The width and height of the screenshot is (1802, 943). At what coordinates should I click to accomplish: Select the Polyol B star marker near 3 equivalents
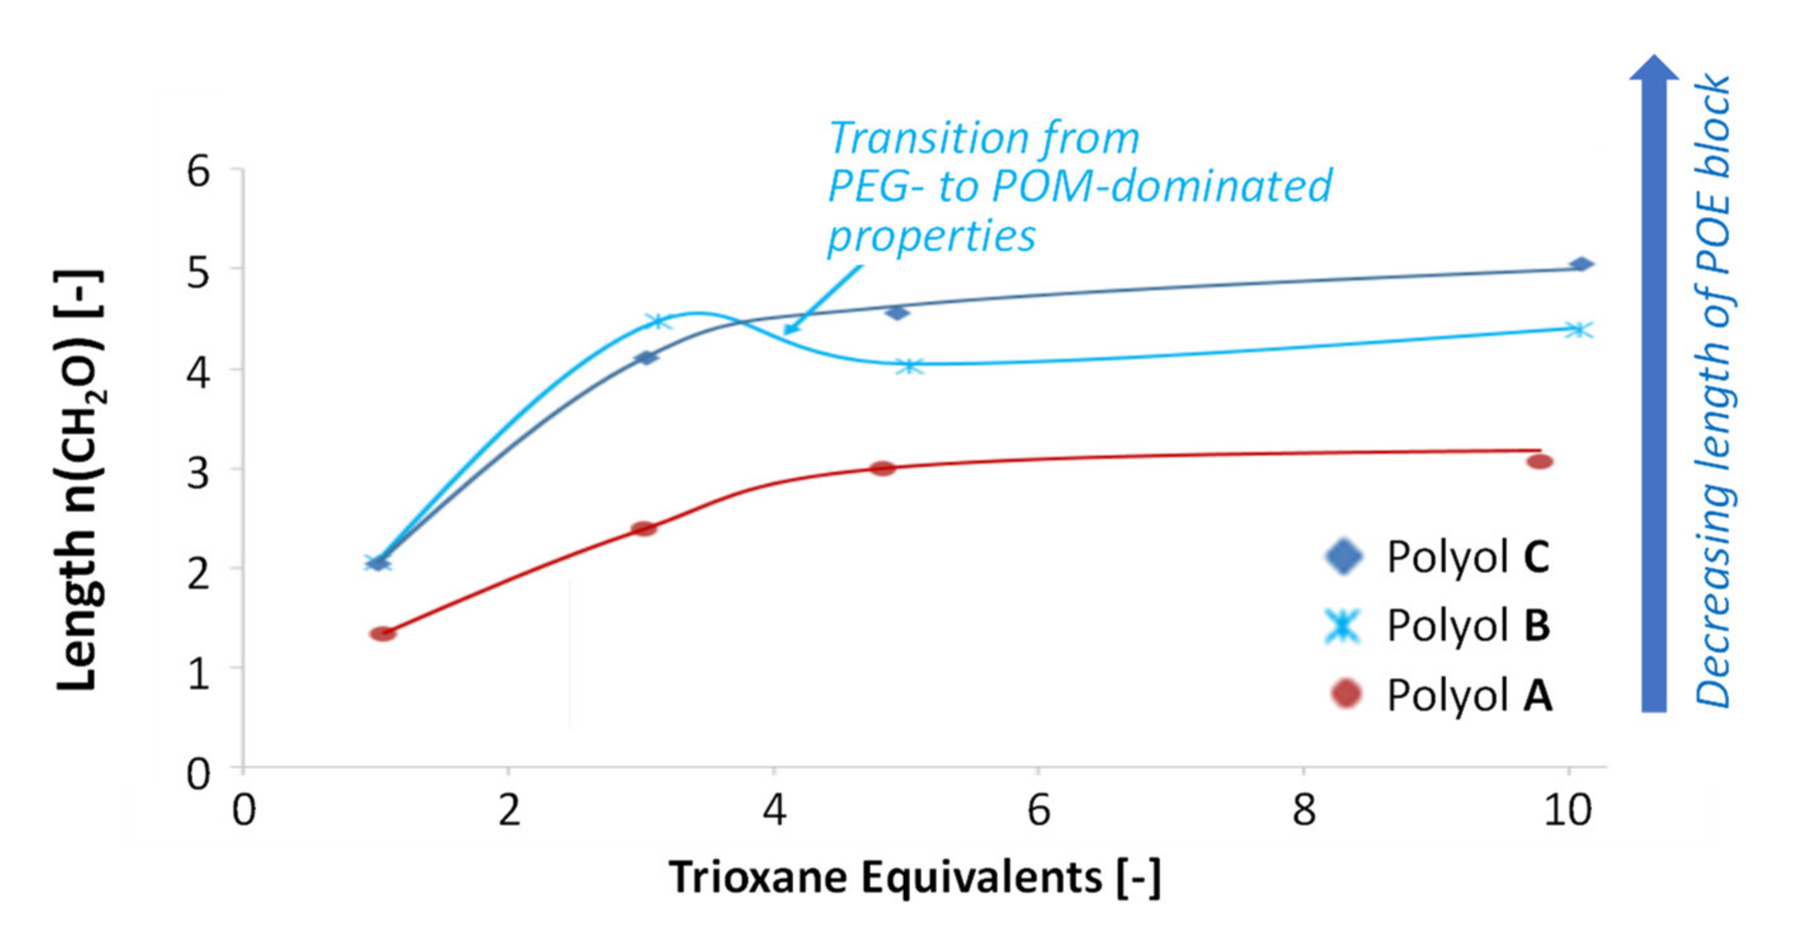point(658,322)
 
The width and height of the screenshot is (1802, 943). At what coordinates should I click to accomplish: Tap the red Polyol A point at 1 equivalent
point(383,634)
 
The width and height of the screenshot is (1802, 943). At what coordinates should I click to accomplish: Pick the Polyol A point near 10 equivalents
point(1540,462)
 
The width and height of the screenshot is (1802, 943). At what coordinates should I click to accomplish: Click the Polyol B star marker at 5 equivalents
point(909,365)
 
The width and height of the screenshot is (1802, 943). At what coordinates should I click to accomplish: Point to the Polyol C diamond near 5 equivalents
point(897,312)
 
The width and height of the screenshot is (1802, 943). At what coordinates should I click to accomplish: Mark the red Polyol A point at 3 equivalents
point(644,528)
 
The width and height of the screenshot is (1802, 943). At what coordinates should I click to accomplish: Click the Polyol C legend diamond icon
point(1344,557)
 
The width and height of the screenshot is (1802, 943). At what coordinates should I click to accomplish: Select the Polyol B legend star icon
point(1344,625)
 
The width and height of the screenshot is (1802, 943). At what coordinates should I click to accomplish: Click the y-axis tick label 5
point(198,271)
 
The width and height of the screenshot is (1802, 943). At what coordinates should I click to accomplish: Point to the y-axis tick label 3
point(198,473)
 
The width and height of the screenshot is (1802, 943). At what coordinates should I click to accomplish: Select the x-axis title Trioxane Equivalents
point(914,877)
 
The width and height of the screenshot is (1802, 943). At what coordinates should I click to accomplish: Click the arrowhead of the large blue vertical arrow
point(1653,69)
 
